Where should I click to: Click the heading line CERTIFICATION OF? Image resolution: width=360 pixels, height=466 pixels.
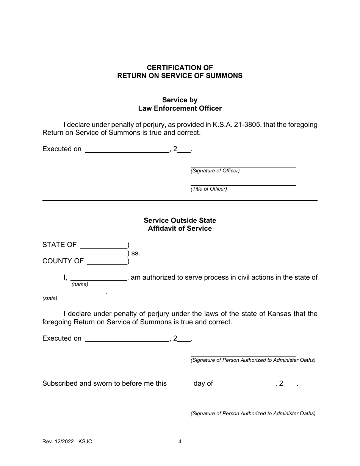coord(180,67)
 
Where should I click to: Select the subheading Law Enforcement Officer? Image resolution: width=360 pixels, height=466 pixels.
coord(180,108)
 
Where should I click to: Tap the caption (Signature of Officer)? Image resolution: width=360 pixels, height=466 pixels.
coord(215,171)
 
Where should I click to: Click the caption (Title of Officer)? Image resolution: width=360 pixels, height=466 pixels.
coord(208,189)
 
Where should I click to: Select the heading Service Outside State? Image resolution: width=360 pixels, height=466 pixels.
coord(180,220)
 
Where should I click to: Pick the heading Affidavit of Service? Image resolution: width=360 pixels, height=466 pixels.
coord(180,228)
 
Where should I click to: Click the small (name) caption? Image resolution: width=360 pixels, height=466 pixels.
coord(80,284)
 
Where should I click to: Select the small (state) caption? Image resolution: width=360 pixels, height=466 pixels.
coord(50,299)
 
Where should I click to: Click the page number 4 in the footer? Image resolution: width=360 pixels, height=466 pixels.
coord(180,441)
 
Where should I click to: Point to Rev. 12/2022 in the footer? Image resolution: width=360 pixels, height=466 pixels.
coord(59,441)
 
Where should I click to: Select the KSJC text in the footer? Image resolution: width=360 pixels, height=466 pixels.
coord(85,441)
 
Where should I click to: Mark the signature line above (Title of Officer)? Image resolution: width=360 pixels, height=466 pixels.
coord(243,185)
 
